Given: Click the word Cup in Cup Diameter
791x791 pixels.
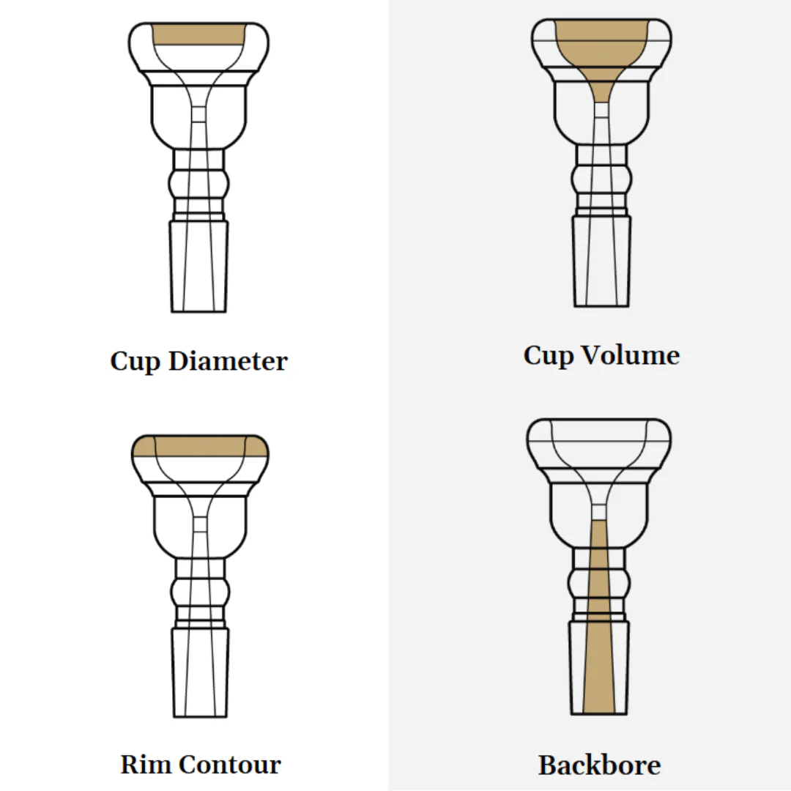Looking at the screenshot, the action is click(135, 362).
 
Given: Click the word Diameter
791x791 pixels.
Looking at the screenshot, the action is click(228, 360).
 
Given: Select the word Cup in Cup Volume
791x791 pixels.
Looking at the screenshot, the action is click(549, 356).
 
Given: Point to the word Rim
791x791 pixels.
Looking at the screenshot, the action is click(146, 764).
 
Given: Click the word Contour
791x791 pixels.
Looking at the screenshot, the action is click(230, 764).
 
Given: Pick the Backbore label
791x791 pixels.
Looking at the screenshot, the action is click(599, 765).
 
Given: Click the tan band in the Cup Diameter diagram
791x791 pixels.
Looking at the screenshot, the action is click(198, 34).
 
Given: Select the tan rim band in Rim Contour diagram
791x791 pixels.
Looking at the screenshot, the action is click(200, 447).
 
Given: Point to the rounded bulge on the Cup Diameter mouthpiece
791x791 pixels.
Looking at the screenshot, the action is click(198, 184).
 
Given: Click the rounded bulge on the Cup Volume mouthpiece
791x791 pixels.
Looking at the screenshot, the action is click(601, 179).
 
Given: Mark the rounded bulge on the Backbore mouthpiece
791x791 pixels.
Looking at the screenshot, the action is click(599, 584).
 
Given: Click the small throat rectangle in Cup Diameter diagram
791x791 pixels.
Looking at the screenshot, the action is click(198, 114).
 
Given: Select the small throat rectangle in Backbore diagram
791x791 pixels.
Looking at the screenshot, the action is click(599, 512).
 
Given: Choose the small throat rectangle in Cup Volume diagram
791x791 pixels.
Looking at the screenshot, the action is click(601, 110).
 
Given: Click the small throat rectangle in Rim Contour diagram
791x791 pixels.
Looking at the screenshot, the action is click(200, 524).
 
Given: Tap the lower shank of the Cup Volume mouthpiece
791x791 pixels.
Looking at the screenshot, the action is click(601, 261).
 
